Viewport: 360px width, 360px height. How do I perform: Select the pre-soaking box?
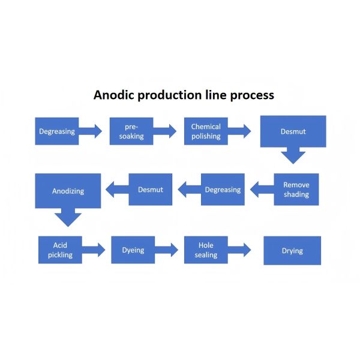[x=131, y=131]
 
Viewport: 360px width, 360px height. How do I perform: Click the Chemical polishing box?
[x=206, y=131]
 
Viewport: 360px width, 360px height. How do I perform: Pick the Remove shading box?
[x=296, y=190]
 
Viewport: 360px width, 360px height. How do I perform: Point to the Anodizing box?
[x=68, y=191]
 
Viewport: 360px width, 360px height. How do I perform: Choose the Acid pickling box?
[x=60, y=250]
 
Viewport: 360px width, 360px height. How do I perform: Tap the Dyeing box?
[x=133, y=250]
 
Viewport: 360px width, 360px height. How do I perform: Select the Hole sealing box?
[x=206, y=250]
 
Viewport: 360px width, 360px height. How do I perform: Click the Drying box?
[x=292, y=250]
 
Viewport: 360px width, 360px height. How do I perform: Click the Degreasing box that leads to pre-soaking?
[x=57, y=131]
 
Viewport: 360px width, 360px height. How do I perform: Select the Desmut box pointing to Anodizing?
[x=150, y=190]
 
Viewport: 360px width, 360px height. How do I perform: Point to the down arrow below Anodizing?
[x=68, y=217]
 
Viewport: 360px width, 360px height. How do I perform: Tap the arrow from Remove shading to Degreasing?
[x=262, y=190]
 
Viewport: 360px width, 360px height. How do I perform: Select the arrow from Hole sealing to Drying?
[x=239, y=250]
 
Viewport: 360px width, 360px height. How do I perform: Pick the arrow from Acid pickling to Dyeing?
[x=94, y=250]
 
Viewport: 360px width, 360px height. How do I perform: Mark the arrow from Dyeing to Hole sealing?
[x=167, y=250]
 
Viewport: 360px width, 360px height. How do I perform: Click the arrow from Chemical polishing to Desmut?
[x=239, y=131]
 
